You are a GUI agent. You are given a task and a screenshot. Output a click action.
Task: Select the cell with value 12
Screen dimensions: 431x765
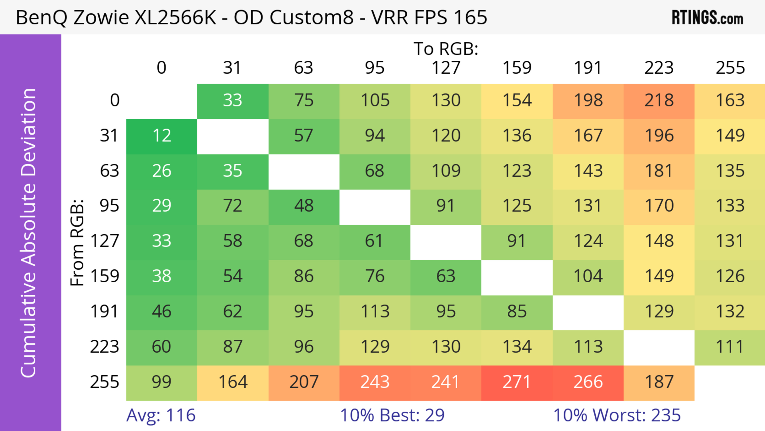pos(162,136)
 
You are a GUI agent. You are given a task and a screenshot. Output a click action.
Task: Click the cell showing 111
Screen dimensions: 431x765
pos(730,347)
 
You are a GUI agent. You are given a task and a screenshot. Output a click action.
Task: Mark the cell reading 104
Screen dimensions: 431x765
pos(588,276)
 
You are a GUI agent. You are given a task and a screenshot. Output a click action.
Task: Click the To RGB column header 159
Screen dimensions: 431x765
pos(517,68)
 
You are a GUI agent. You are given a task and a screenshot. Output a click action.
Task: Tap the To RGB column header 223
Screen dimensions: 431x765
pos(659,68)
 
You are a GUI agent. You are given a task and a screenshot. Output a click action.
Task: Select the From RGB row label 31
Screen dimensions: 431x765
pos(109,136)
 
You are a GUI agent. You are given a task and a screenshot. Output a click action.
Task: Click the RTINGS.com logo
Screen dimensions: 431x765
pos(707,18)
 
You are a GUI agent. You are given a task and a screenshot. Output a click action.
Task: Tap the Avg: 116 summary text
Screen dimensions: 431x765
pos(161,415)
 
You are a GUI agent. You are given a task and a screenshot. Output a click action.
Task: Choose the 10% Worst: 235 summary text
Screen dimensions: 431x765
pos(617,415)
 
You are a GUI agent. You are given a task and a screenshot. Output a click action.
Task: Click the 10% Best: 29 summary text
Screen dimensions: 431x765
pos(392,415)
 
